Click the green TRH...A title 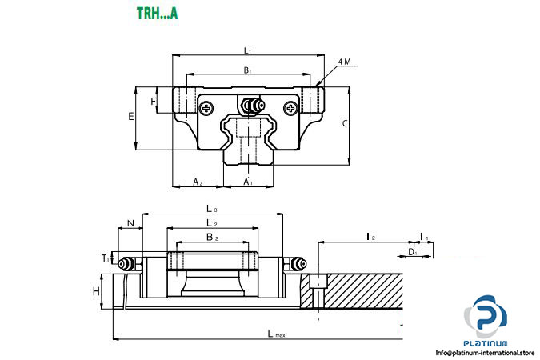pyautogui.click(x=158, y=13)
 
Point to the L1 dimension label pyautogui.click(x=248, y=50)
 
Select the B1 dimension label pyautogui.click(x=248, y=70)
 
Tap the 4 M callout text pyautogui.click(x=344, y=62)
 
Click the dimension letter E pyautogui.click(x=130, y=117)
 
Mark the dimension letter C pyautogui.click(x=344, y=123)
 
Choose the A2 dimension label pyautogui.click(x=198, y=182)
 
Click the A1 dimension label pyautogui.click(x=248, y=182)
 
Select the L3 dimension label pyautogui.click(x=211, y=209)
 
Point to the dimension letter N pyautogui.click(x=130, y=224)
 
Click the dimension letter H pyautogui.click(x=96, y=291)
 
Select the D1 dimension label pyautogui.click(x=412, y=252)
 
